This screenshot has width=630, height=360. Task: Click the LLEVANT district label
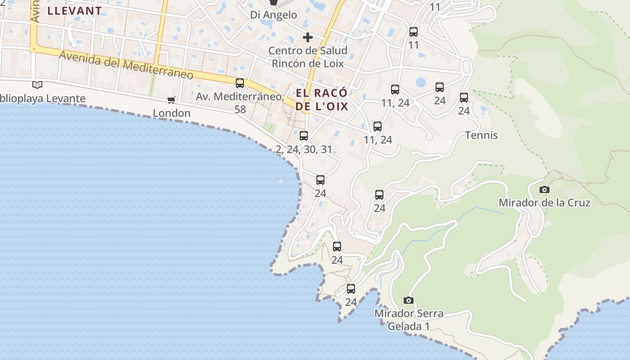(75, 11)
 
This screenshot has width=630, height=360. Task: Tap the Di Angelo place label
(274, 15)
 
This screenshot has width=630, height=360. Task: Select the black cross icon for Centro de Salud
(308, 37)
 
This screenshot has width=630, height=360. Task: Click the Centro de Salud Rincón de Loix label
(308, 57)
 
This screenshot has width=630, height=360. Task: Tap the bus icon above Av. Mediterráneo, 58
(240, 83)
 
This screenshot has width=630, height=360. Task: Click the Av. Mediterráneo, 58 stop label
(240, 103)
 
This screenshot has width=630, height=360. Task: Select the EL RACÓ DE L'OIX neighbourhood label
(322, 99)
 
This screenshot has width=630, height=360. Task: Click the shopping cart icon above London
(171, 100)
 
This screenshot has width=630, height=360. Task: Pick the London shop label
(171, 113)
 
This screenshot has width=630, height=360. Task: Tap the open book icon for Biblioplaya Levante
(37, 85)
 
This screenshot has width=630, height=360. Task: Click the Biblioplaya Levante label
(43, 99)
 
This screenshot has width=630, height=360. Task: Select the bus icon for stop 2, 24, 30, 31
(304, 135)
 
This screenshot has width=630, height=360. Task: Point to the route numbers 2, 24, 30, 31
(304, 149)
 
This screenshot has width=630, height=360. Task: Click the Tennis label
(481, 135)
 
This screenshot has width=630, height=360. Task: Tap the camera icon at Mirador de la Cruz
(544, 189)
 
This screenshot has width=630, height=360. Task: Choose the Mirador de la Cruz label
(544, 202)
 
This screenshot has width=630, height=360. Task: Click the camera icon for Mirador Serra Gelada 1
(409, 300)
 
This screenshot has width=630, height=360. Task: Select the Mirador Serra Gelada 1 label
(409, 319)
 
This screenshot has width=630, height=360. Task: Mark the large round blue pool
(421, 82)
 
